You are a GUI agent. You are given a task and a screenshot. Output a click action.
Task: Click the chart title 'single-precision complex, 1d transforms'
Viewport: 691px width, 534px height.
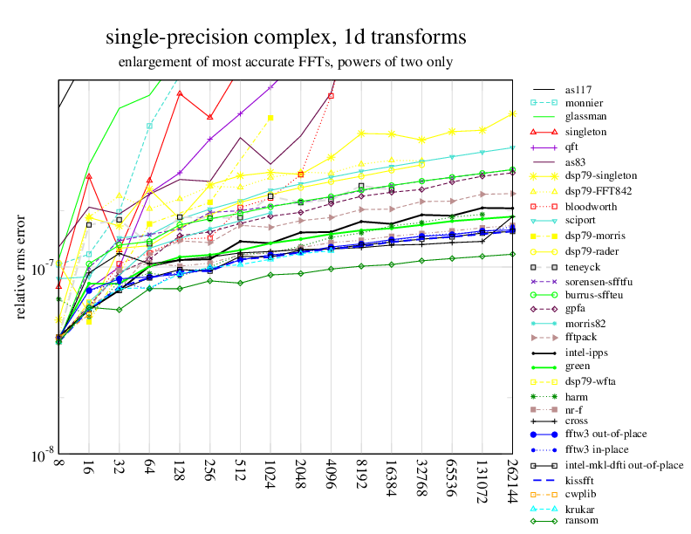click(x=285, y=38)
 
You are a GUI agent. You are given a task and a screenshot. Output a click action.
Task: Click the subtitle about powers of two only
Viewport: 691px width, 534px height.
click(x=285, y=63)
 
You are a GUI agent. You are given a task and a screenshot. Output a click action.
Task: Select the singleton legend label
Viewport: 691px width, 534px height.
click(x=586, y=132)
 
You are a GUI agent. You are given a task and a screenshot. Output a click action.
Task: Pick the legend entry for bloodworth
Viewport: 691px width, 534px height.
click(x=591, y=207)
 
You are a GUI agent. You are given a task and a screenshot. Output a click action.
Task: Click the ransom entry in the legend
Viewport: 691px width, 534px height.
click(x=582, y=521)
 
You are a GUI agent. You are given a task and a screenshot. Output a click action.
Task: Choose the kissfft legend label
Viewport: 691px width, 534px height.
click(x=582, y=480)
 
